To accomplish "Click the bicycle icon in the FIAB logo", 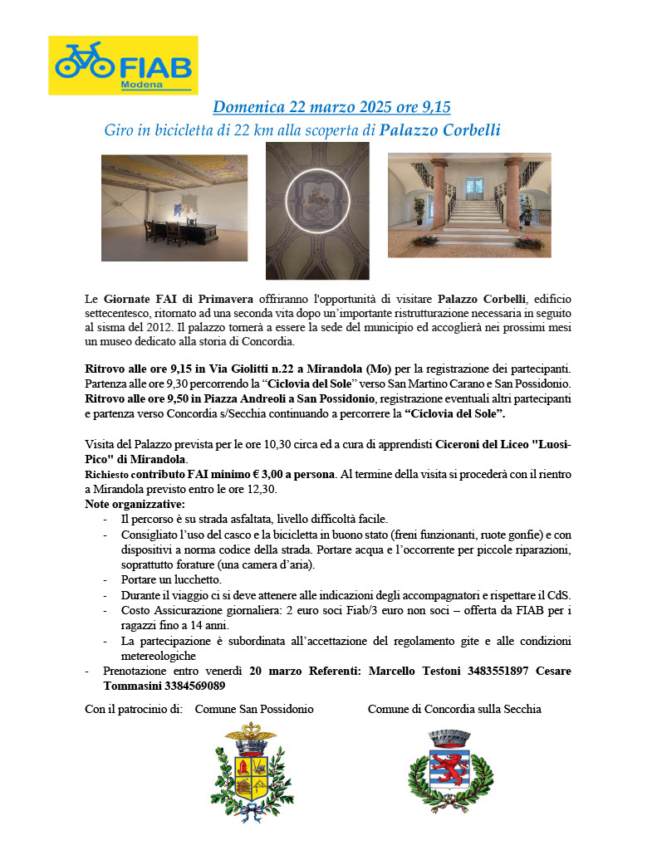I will tap(83, 61).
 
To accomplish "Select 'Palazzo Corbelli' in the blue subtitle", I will tap(440, 130).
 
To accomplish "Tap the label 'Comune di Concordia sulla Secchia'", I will tap(454, 709).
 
